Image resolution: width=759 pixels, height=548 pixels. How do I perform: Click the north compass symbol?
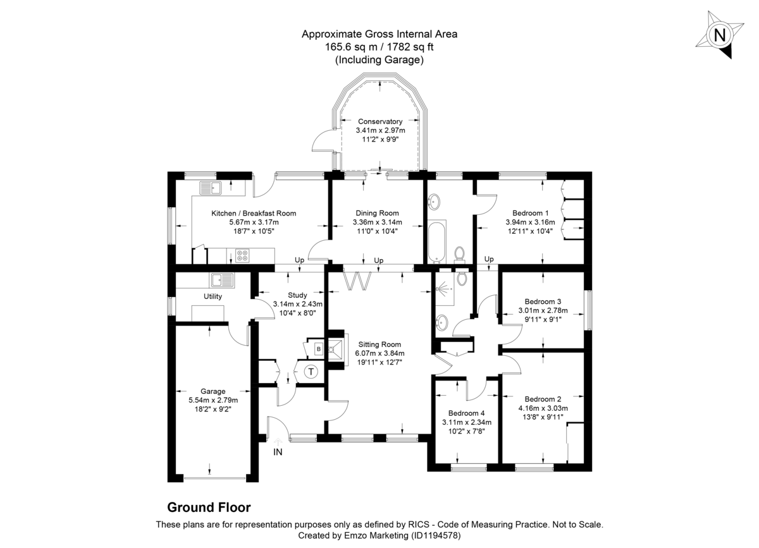click(x=719, y=35)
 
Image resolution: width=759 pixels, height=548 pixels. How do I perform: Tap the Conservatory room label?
click(x=380, y=121)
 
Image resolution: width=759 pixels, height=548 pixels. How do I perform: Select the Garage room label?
click(x=213, y=391)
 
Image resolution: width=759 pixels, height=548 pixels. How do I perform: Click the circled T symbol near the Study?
click(x=311, y=372)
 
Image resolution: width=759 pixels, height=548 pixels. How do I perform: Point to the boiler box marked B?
click(x=318, y=349)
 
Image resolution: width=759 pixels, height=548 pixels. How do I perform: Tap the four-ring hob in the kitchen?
click(x=242, y=255)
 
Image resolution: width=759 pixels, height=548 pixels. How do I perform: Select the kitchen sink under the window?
click(x=209, y=188)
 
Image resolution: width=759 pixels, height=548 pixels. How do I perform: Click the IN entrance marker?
click(x=278, y=452)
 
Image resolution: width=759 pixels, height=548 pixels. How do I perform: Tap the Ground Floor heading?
click(x=209, y=507)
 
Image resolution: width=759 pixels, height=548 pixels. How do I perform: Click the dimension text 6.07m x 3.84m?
click(x=379, y=353)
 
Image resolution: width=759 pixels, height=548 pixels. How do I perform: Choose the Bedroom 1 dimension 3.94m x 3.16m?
click(x=530, y=222)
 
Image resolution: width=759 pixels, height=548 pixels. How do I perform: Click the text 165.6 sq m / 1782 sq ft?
click(x=379, y=47)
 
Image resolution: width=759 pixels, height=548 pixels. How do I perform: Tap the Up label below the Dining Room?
click(x=379, y=260)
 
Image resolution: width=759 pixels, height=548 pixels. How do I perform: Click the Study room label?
click(x=297, y=295)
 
